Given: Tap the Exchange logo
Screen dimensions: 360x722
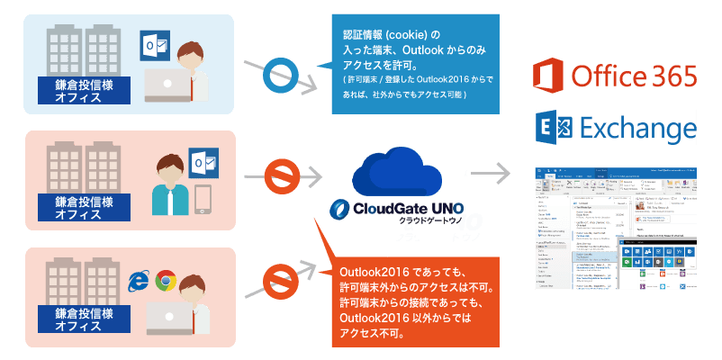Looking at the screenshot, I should [x=614, y=128].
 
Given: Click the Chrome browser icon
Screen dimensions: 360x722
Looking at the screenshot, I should [x=166, y=257].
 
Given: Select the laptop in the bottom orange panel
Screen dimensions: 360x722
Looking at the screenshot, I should [x=167, y=316].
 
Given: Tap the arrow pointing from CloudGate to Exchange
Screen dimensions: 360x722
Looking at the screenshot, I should [x=492, y=171].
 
